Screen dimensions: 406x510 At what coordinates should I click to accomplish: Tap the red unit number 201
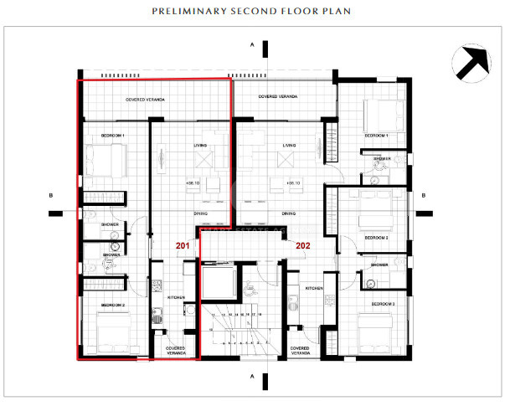(183, 246)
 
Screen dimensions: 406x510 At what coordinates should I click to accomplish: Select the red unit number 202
(303, 246)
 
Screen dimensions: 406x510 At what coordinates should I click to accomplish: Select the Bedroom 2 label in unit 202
(376, 238)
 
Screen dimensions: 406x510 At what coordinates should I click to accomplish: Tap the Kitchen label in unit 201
(176, 297)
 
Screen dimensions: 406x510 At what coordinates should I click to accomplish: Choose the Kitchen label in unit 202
(314, 288)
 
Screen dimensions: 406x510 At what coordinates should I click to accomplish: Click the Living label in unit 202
(289, 145)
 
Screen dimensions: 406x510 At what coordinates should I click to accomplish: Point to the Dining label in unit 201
(201, 213)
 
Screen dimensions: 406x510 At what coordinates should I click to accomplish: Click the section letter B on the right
(424, 196)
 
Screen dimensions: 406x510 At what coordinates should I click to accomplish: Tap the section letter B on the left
(52, 196)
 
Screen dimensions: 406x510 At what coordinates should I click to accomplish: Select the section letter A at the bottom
(251, 377)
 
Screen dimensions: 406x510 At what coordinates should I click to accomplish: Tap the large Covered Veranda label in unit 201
(145, 100)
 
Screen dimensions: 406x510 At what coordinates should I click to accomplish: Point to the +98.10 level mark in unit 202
(291, 183)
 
